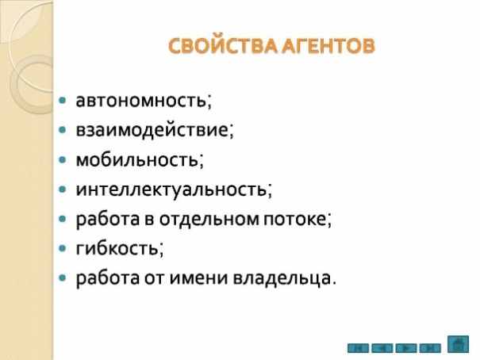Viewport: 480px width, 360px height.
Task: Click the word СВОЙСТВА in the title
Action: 224,46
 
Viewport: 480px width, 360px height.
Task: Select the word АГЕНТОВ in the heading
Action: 328,46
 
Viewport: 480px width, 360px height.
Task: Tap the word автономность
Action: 141,100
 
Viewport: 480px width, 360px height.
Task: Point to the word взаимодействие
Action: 152,129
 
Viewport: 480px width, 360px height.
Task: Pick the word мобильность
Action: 137,159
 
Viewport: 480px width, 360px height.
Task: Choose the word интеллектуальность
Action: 171,189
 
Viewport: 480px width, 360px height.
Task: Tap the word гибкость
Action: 117,248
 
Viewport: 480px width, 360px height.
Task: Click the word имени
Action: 198,278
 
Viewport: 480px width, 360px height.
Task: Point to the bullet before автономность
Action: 63,100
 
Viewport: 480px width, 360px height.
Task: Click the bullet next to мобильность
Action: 63,159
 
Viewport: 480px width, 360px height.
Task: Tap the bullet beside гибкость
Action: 63,248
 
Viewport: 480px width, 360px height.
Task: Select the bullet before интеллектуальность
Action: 63,190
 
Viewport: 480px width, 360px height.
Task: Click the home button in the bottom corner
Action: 458,344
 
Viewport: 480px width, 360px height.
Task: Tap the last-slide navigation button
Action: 430,348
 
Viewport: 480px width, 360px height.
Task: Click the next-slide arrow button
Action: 406,348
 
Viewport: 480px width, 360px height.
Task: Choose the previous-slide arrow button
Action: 382,348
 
